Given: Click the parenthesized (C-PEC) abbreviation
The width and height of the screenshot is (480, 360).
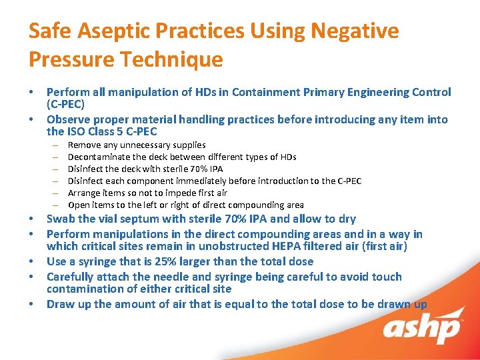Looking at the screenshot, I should tap(66, 105).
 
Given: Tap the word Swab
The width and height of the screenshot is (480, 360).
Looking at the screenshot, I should tap(61, 219).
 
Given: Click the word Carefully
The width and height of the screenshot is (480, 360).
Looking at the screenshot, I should tap(73, 277).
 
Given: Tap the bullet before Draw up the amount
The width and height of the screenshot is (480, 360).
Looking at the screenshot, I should tap(32, 305).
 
